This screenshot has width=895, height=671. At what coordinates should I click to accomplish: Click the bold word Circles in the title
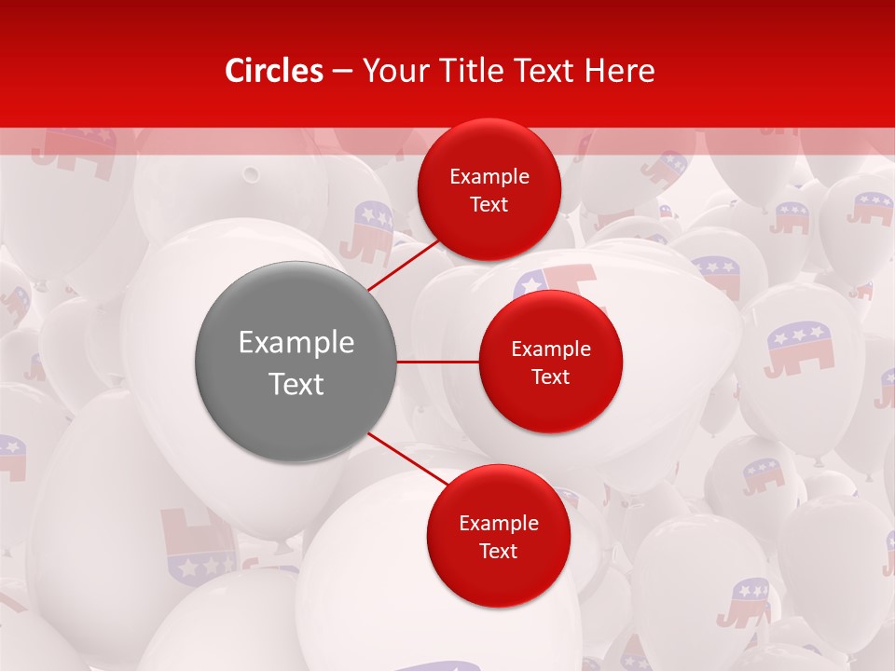coord(274,71)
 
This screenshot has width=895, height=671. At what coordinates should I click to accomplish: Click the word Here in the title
coord(619,71)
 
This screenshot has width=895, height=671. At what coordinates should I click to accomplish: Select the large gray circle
coord(296,362)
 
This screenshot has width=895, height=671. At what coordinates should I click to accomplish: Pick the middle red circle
coord(550,362)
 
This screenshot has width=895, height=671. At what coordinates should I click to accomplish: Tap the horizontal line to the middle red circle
coord(438,362)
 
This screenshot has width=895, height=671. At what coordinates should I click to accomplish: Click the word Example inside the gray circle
coord(296,343)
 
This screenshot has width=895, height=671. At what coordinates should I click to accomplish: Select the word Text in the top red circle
coord(489,205)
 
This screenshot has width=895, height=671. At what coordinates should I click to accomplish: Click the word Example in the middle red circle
coord(550,349)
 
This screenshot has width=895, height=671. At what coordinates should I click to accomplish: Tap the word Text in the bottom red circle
coord(498,551)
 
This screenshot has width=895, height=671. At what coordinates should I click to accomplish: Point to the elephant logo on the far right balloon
coord(801,347)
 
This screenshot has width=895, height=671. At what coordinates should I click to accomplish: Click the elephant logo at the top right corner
coord(870,208)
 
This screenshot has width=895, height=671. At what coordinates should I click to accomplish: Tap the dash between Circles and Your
coord(342,72)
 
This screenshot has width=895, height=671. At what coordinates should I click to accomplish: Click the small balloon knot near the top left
coord(250,173)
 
